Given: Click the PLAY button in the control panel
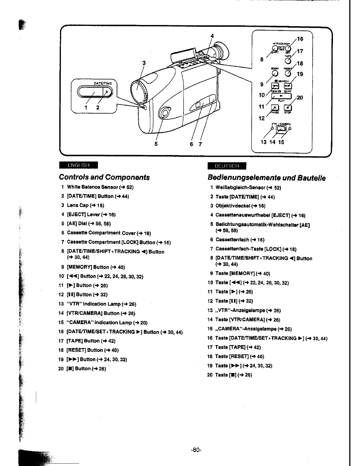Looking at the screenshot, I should [281, 96].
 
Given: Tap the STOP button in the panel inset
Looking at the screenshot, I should [288, 108].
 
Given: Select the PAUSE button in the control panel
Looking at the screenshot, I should [275, 108].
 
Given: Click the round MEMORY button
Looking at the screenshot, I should [275, 73].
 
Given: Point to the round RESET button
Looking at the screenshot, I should [288, 73].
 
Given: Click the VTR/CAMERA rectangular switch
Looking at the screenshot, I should [281, 128].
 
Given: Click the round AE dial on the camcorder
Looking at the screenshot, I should [164, 113].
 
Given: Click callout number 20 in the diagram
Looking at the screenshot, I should [300, 98].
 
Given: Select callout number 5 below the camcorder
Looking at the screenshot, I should [156, 144].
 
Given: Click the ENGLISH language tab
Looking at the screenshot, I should [78, 165].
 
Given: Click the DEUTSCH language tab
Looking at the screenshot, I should [227, 166].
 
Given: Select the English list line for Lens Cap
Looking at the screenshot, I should [85, 205].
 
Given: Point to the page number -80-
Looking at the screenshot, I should [196, 450].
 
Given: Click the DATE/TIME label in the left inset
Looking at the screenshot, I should [103, 84].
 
